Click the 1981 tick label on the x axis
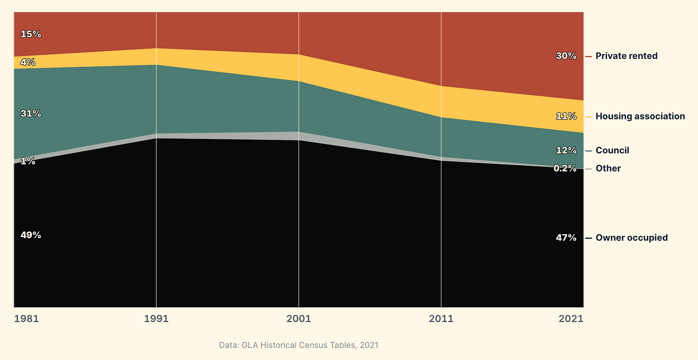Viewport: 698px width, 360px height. (26, 319)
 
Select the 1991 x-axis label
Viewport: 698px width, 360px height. (156, 319)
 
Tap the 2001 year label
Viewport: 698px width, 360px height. (299, 319)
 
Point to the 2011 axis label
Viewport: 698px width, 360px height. (441, 319)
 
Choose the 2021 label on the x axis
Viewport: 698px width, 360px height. (571, 319)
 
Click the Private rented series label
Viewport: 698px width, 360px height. (626, 56)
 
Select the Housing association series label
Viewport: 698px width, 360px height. (640, 116)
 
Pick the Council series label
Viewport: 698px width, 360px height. (612, 151)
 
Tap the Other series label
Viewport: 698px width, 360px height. (608, 168)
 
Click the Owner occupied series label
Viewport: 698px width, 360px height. (632, 238)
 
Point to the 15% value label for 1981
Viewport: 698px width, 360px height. (31, 34)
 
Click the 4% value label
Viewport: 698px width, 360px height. (28, 62)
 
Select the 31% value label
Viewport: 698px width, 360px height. (31, 114)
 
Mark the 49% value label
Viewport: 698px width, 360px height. (31, 235)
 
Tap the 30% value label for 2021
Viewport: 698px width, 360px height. (566, 56)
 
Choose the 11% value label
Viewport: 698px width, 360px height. (566, 116)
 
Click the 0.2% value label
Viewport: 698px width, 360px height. (565, 168)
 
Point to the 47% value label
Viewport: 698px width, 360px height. (566, 238)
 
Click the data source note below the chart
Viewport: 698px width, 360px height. (299, 345)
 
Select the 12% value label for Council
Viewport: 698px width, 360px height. (566, 150)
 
